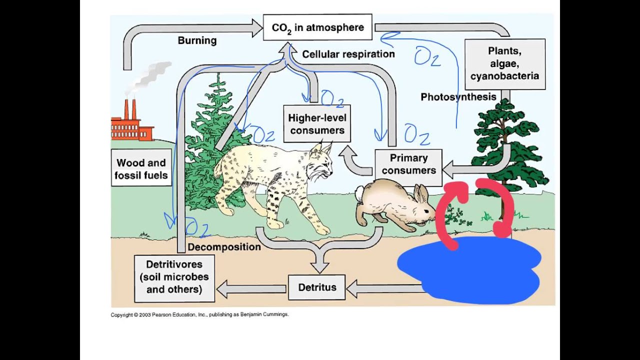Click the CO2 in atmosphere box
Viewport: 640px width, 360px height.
[x=317, y=27]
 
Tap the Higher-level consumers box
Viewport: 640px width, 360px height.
[x=317, y=124]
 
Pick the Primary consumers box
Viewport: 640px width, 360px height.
[x=408, y=164]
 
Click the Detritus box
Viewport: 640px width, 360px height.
[x=317, y=287]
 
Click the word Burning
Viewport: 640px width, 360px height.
[x=197, y=40]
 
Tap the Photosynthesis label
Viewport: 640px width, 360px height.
[x=458, y=97]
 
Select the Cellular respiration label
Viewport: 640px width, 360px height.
[x=348, y=54]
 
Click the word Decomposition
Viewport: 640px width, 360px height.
[x=224, y=247]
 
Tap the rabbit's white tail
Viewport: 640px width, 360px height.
[x=359, y=192]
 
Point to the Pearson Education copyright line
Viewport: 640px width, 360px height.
[x=199, y=315]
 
